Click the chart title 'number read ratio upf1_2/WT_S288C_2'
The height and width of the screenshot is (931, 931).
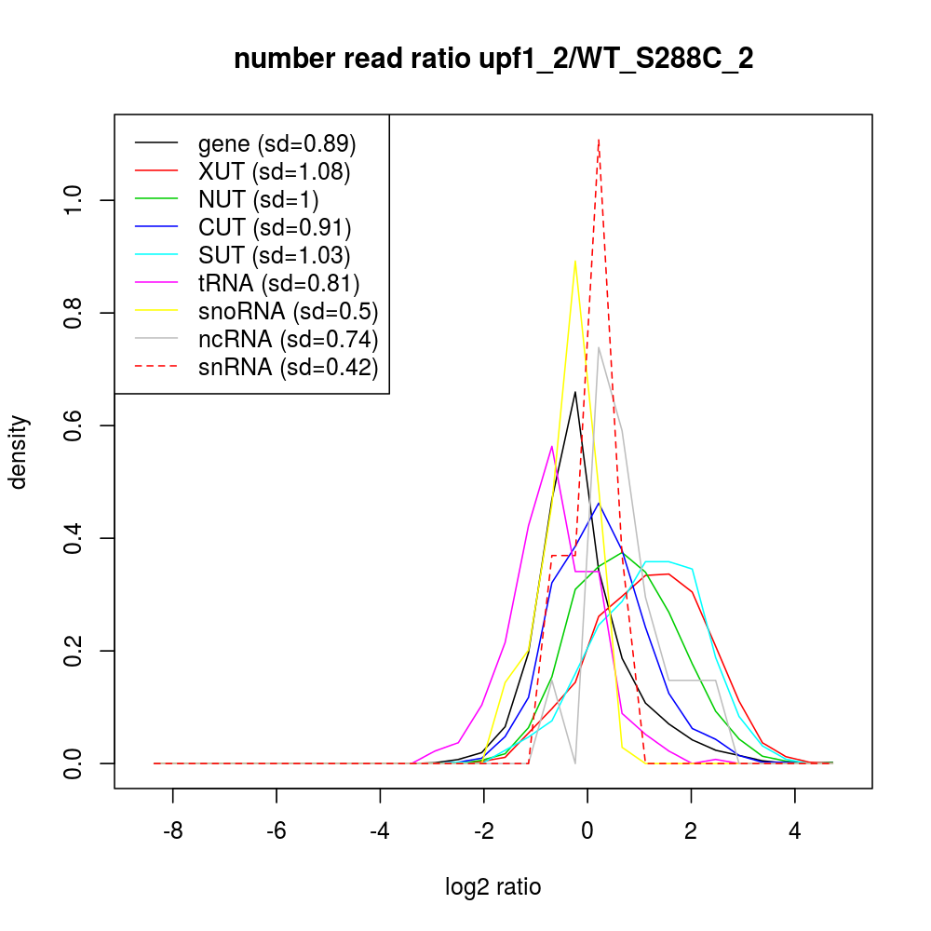point(493,60)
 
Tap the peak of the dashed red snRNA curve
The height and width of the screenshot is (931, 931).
point(599,140)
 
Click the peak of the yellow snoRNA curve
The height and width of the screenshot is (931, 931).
point(575,261)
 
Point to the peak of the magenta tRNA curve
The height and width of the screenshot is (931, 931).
point(552,446)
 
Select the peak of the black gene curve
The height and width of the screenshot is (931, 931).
point(575,392)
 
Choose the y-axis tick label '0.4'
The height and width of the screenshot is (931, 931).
point(75,538)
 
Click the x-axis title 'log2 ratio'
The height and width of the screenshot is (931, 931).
point(493,887)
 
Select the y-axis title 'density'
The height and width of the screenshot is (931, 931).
point(20,452)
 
